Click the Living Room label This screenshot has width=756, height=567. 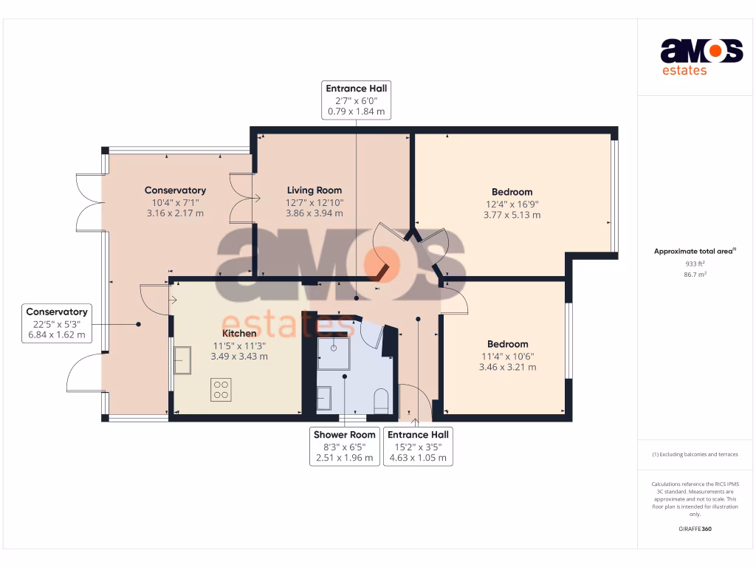click(314, 190)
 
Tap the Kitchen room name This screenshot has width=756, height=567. click(240, 333)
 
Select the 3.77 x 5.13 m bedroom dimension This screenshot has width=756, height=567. click(512, 216)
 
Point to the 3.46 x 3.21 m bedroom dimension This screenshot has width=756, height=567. click(507, 367)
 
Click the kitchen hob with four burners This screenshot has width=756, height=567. click(221, 389)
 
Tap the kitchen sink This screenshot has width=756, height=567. click(182, 360)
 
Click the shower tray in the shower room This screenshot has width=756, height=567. click(334, 354)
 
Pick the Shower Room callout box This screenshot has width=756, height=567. click(344, 446)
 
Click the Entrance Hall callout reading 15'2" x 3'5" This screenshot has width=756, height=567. click(418, 446)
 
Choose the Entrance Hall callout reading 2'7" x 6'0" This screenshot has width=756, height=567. click(357, 100)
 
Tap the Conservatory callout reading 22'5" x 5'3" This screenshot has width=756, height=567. click(56, 323)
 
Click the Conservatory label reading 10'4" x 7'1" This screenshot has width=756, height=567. click(175, 202)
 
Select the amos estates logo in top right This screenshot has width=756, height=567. click(701, 57)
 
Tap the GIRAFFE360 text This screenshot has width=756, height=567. click(695, 529)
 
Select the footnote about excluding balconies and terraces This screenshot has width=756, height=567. click(695, 454)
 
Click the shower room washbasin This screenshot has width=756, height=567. click(326, 399)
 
